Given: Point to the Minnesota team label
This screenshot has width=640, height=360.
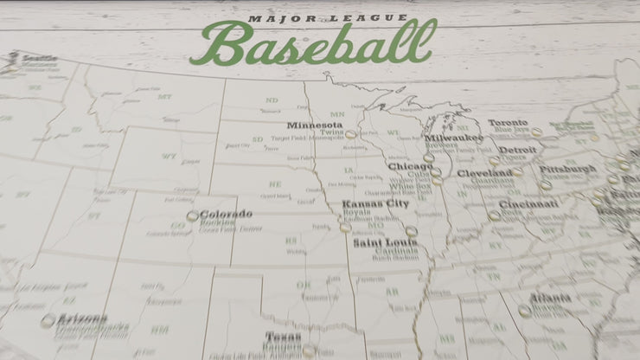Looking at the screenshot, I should [316, 125].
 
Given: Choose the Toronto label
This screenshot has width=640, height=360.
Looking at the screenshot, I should [508, 123].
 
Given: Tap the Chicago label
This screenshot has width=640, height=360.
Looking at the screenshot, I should [410, 166].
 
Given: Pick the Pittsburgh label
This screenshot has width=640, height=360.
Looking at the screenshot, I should [567, 169].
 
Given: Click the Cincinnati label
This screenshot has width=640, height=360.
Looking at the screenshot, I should [528, 204].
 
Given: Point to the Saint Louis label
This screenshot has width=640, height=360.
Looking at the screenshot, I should [384, 242].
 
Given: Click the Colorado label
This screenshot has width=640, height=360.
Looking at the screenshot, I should [226, 214].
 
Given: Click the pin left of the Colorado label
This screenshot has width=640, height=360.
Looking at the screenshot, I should [192, 216].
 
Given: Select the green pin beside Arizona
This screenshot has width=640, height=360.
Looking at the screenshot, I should [47, 320].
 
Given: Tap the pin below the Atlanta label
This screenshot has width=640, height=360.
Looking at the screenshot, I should [524, 311].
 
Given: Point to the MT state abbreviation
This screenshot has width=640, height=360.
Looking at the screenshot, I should [163, 97].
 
